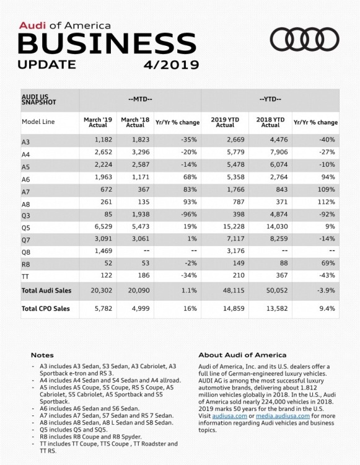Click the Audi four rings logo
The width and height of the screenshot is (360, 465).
coord(305,40)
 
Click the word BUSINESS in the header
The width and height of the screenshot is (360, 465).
coord(98,44)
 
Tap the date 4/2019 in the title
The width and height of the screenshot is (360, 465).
coord(169,64)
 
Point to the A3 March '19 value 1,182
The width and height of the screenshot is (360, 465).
coord(96,142)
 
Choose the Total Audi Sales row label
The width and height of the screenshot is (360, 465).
coord(46,290)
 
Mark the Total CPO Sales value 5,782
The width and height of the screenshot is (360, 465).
coord(96,308)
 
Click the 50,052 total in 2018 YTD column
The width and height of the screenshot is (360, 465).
coord(271,290)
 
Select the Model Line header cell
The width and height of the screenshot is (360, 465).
coord(38,122)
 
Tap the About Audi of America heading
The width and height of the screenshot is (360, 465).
coord(242,355)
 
